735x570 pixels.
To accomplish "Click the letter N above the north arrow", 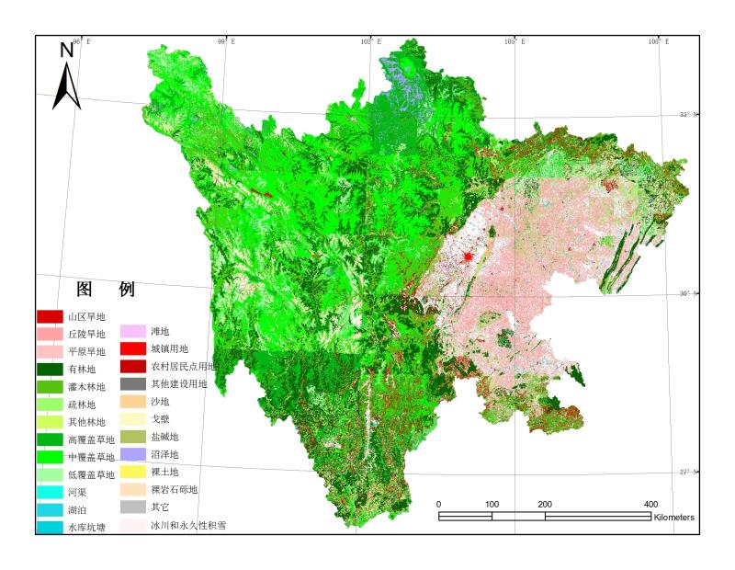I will pos(67,51).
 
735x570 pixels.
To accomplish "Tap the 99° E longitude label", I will pos(226,41).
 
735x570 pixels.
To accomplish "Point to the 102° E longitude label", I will pos(372,41).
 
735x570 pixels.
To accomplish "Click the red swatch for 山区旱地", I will pos(50,316).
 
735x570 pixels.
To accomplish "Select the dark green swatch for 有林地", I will pos(50,369).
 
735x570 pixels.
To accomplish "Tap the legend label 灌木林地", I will pos(87,386).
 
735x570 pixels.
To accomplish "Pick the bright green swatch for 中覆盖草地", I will pos(50,456).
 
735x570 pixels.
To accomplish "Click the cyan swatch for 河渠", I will pos(50,492).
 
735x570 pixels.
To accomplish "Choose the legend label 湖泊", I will pos(80,509).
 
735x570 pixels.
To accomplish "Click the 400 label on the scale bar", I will pos(650,504).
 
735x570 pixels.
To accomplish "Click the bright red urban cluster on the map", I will pos(468,257).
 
